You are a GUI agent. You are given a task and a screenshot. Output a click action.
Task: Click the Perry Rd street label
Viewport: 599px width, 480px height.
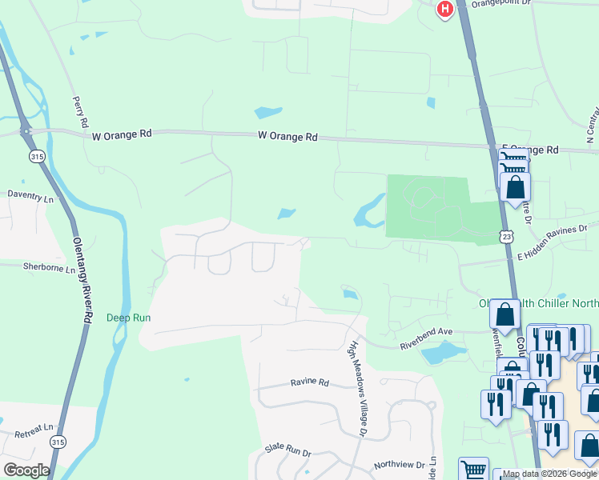(x=79, y=113)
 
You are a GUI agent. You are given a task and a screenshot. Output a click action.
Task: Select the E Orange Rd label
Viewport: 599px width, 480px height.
(x=529, y=150)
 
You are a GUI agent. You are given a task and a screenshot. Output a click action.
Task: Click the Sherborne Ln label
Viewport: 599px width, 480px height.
(x=48, y=266)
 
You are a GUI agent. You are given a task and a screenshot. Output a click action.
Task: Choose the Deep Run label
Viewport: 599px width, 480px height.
(x=129, y=318)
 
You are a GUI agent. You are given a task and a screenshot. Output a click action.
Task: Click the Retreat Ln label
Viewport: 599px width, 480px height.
(x=33, y=433)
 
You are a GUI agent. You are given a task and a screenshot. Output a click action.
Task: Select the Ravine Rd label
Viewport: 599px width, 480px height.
(x=310, y=382)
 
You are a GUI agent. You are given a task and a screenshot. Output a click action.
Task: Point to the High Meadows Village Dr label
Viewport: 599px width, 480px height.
(x=356, y=389)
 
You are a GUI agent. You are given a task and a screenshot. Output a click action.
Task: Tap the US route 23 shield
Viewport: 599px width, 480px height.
(x=505, y=236)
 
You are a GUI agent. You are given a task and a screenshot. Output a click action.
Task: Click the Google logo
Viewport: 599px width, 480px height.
(x=26, y=470)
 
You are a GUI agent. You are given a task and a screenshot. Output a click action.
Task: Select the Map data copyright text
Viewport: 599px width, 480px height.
(x=550, y=474)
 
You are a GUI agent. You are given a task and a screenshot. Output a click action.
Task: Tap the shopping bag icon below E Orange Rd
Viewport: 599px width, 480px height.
(x=515, y=186)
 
